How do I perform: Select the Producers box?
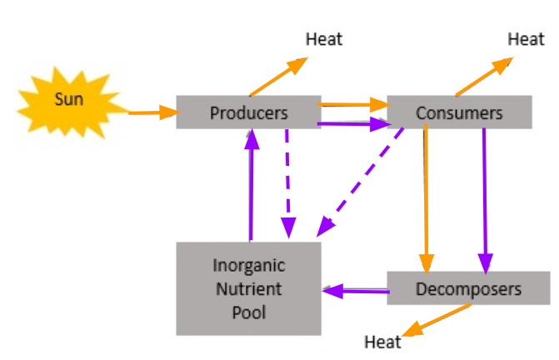pos(248,112)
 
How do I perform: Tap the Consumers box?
pos(459,112)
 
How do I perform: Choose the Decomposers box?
pos(468,289)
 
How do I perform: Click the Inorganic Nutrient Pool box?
pos(248,289)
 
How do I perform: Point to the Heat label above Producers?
pos(324,39)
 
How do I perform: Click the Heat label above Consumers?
pos(526,39)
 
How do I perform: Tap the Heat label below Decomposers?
pos(382,342)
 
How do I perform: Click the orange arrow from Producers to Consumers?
pos(354,105)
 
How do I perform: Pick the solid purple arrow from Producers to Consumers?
pos(354,125)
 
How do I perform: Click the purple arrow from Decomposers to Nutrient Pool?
pos(356,291)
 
